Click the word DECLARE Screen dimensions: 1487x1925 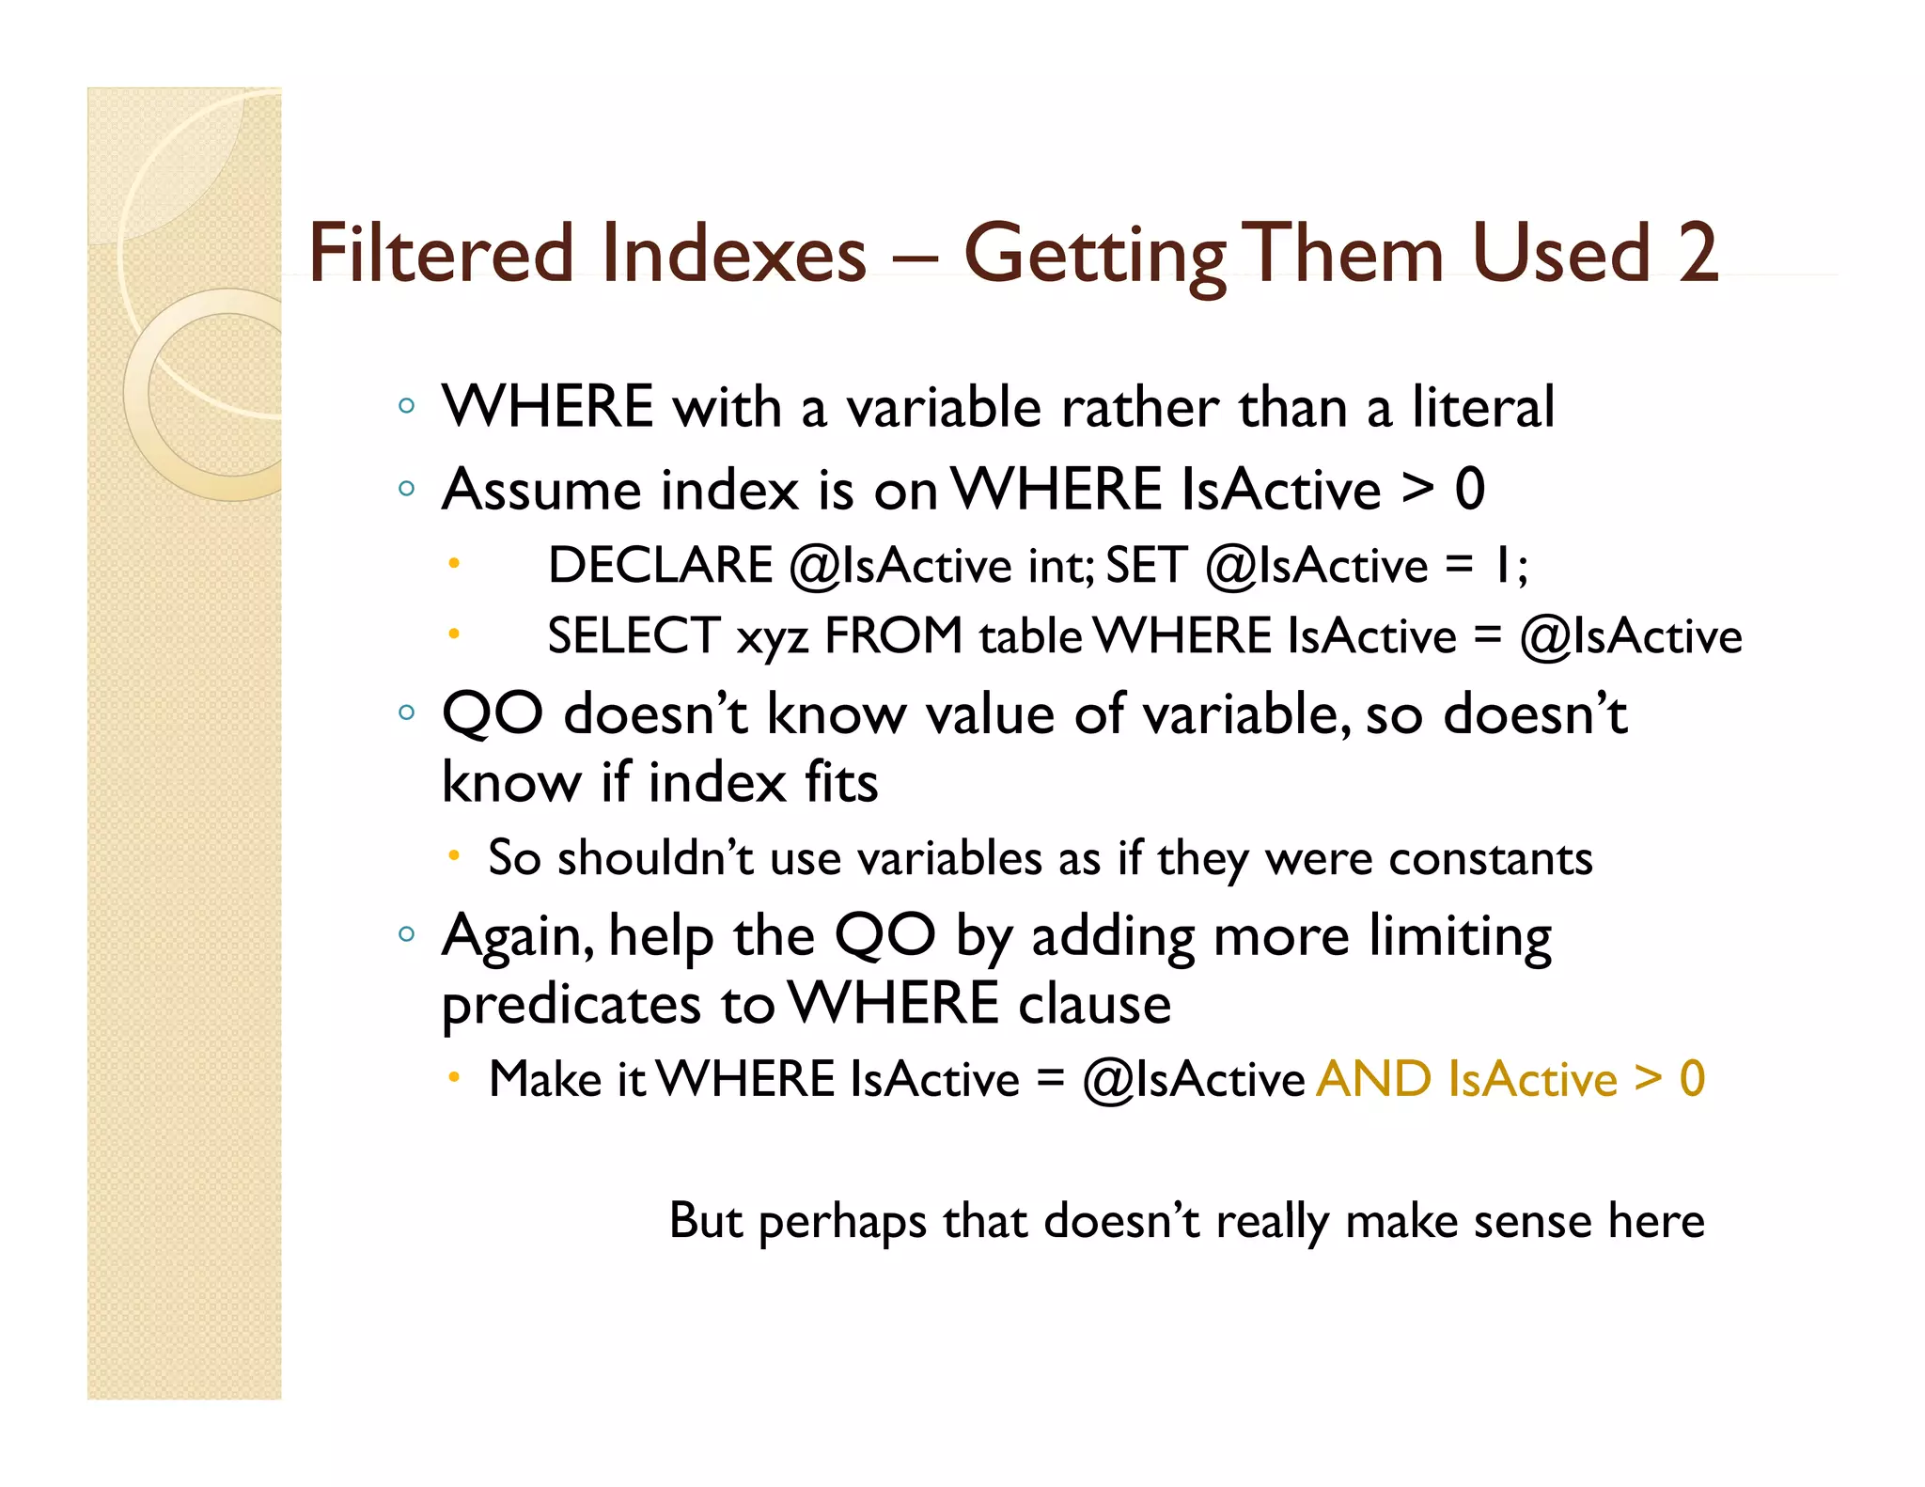(x=660, y=566)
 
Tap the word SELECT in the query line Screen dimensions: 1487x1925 (x=634, y=636)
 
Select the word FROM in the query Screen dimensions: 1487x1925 (x=893, y=636)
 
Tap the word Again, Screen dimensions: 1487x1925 (x=518, y=938)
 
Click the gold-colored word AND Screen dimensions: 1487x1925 (x=1373, y=1079)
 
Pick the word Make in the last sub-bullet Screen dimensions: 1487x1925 (x=545, y=1079)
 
